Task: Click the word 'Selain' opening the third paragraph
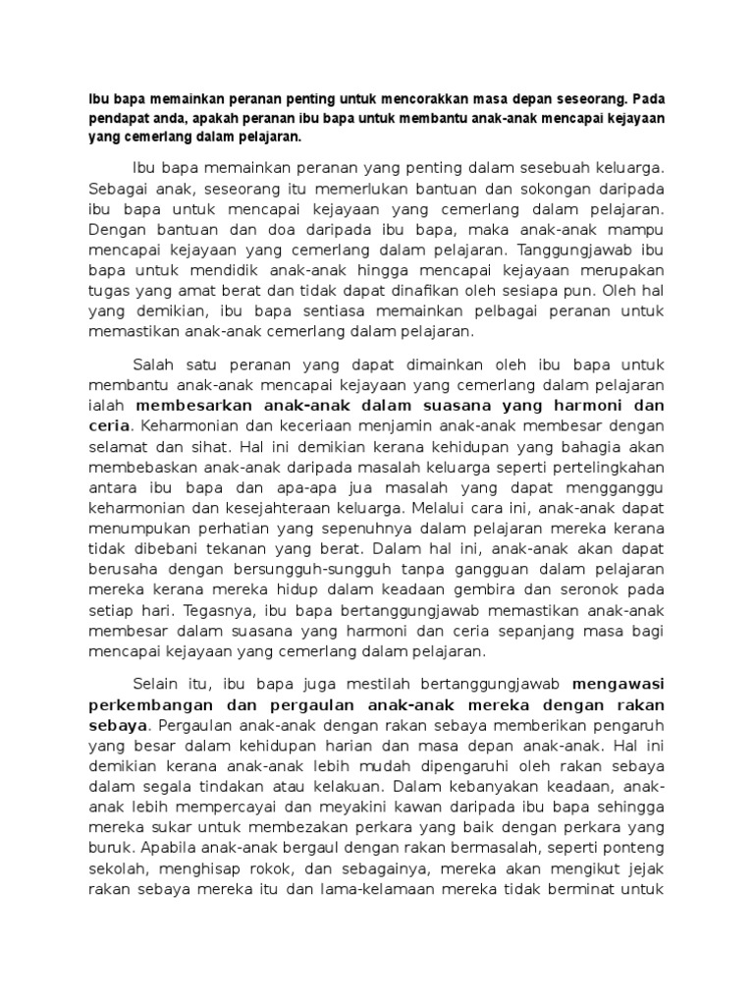[x=157, y=685]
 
